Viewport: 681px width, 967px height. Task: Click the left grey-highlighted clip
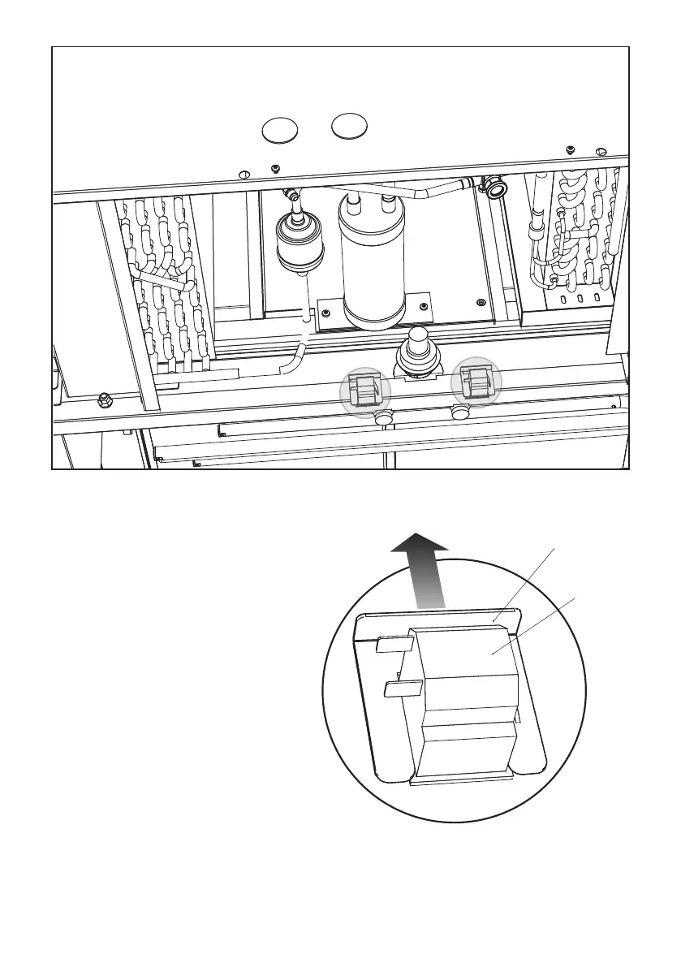point(364,389)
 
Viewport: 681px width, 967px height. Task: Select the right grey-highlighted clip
point(476,380)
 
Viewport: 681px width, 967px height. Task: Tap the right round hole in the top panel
point(350,126)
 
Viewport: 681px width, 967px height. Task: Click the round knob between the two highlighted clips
point(417,348)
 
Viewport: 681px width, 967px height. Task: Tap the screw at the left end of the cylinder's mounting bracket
point(326,311)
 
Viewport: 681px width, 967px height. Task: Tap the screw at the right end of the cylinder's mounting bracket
point(423,306)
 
